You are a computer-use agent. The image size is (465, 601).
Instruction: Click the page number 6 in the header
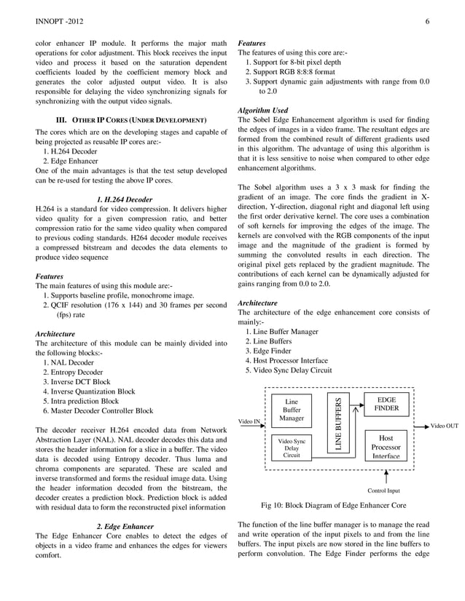[x=427, y=23]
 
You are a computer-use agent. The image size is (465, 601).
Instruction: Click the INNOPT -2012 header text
[x=58, y=23]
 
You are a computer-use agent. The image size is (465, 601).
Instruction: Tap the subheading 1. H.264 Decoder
[x=125, y=199]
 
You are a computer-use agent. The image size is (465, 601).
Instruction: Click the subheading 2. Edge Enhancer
[x=125, y=526]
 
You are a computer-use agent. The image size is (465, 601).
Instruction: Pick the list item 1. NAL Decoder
[x=69, y=362]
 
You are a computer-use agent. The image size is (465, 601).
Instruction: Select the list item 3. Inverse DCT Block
[x=77, y=381]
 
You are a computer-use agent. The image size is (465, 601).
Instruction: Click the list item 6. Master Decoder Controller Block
[x=98, y=410]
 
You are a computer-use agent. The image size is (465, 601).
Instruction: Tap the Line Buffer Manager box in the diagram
[x=292, y=410]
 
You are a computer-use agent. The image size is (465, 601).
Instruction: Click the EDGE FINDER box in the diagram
[x=386, y=405]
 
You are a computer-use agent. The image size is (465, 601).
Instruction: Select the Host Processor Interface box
[x=386, y=447]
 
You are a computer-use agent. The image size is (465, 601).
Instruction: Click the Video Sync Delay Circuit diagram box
[x=292, y=448]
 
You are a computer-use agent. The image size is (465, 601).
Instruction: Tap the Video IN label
[x=249, y=421]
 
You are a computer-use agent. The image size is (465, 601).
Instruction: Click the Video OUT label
[x=445, y=426]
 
